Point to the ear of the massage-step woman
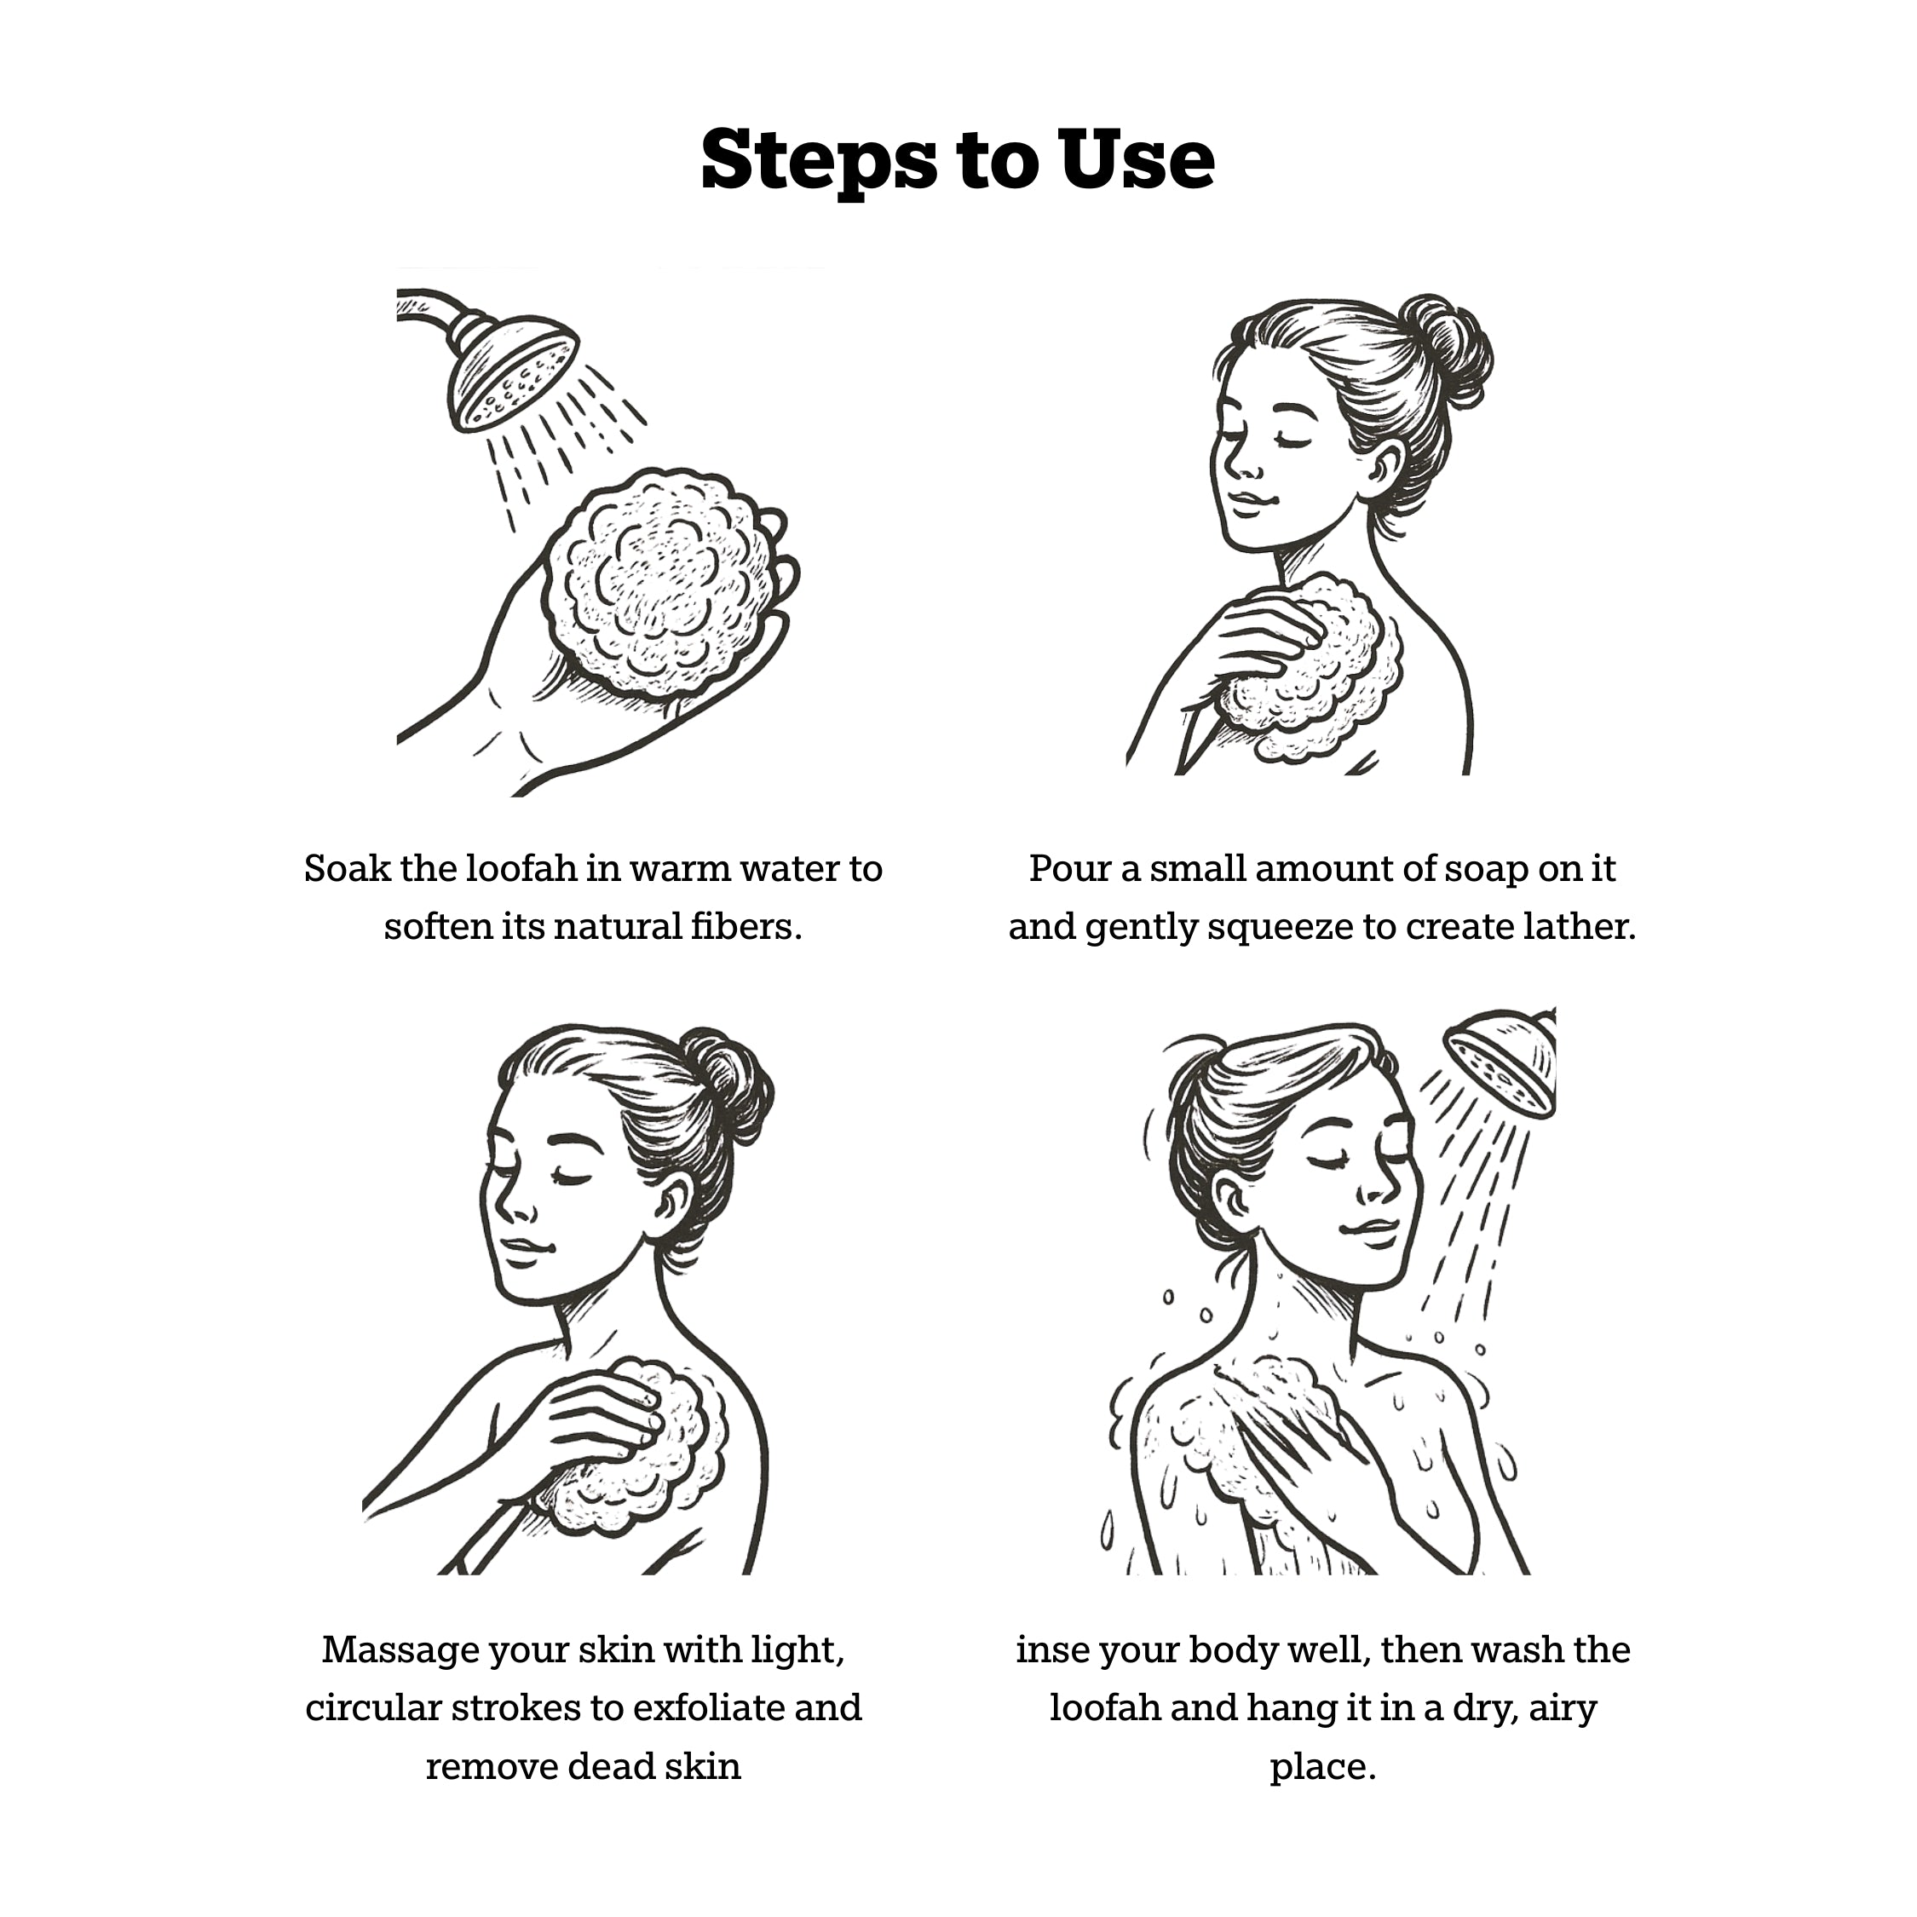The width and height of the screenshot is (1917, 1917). click(x=671, y=1205)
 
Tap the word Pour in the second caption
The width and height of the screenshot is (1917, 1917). click(x=1068, y=869)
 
